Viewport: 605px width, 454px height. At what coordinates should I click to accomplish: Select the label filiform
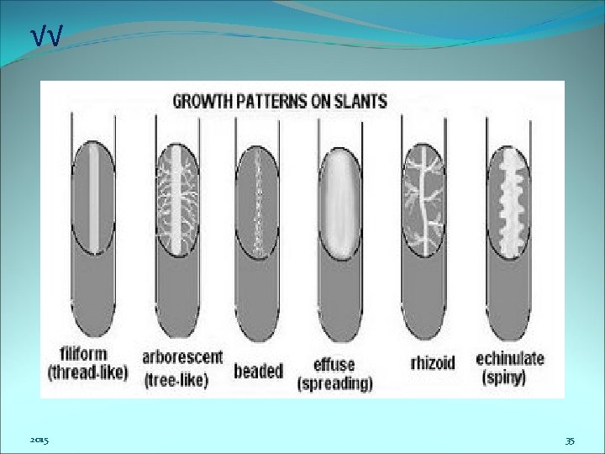point(84,354)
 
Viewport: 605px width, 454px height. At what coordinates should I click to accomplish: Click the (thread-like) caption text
point(87,372)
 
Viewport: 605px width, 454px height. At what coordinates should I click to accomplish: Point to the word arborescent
point(182,357)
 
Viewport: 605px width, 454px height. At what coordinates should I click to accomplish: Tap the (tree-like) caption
point(176,381)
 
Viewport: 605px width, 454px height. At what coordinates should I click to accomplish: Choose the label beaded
point(259,371)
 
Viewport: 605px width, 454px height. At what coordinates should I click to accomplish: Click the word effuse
point(334,364)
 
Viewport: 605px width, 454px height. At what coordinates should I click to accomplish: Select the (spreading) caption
point(335,383)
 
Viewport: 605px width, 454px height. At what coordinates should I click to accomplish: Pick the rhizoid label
point(433,363)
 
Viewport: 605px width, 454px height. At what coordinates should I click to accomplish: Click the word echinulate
point(510,359)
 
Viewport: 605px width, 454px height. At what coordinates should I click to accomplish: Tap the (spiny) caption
point(504,377)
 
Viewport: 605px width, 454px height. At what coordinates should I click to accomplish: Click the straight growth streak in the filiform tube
point(94,198)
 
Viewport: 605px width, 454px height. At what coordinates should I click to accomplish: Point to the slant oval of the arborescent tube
point(177,199)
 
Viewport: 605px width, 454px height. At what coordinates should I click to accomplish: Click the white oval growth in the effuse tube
point(340,203)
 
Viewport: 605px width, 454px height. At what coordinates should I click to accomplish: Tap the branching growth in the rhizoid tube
point(423,200)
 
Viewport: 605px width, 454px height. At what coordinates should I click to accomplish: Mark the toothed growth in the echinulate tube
point(510,203)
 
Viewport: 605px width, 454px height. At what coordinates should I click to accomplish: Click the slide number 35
point(570,441)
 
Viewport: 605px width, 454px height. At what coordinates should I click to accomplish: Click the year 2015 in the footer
point(39,440)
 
